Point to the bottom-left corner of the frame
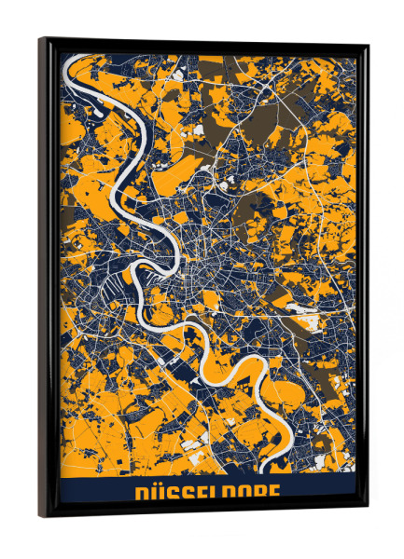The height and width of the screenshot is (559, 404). click(41, 515)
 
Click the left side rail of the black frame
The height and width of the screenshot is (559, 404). click(46, 279)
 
